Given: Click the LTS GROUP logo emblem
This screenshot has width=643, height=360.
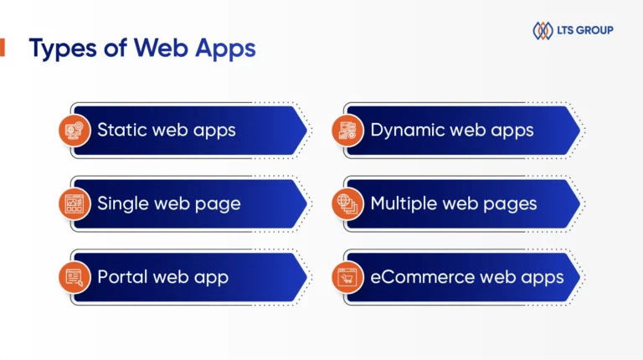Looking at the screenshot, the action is point(543,31).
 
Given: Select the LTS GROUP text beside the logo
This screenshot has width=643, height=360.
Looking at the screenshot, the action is point(584,31).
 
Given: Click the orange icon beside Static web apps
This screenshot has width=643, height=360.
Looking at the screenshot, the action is point(75,131).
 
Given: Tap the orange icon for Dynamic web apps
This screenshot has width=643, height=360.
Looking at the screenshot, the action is point(347,131).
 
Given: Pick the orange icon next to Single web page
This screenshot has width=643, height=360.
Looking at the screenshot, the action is point(75,203).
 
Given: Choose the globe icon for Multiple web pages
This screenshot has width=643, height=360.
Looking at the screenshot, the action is point(347,203).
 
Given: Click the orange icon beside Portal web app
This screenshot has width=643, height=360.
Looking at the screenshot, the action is point(75,276).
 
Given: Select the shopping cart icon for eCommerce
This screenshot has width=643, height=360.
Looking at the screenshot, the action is point(347,276).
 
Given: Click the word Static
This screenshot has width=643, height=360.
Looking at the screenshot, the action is point(122,131).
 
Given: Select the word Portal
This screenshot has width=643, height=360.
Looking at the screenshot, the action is point(122,276).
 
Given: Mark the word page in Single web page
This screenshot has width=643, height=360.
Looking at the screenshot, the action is point(219,203).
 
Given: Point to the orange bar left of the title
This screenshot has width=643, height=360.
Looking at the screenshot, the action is point(2,48).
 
